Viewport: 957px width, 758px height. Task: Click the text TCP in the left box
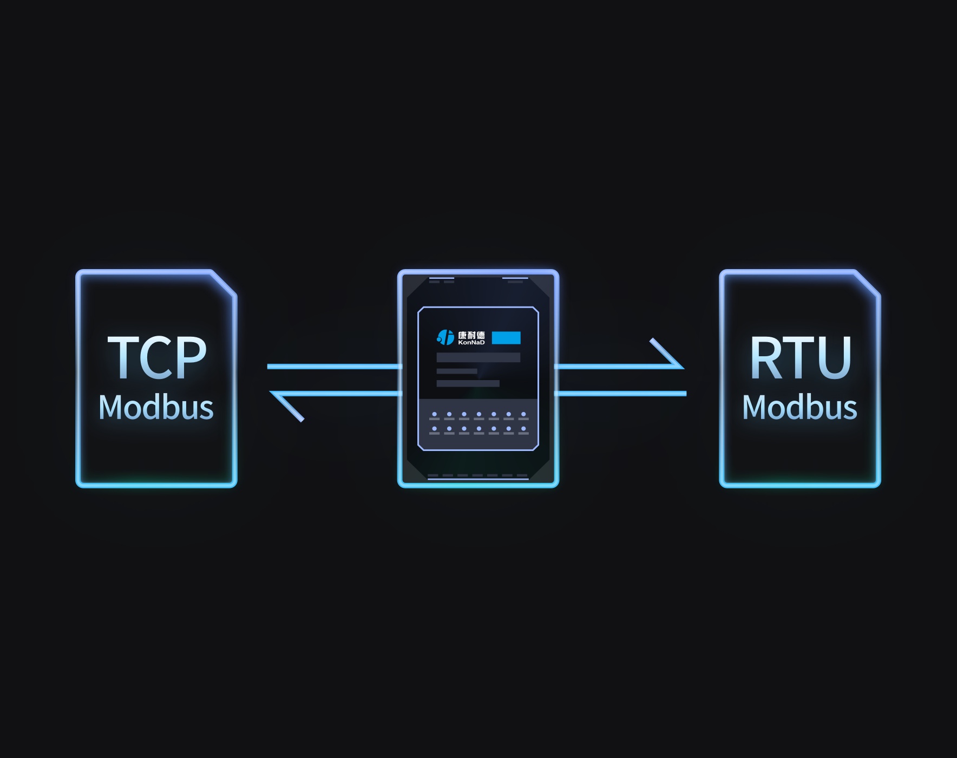tap(157, 357)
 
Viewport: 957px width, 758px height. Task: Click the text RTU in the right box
tap(800, 357)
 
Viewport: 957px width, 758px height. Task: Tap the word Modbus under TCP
tap(156, 407)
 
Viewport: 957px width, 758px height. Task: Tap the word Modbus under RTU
tap(799, 407)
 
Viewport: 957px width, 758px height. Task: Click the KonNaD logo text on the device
tap(471, 342)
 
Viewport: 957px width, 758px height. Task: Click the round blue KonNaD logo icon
tap(445, 337)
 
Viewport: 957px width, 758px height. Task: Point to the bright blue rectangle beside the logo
tap(506, 338)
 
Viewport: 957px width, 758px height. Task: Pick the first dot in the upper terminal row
tap(434, 415)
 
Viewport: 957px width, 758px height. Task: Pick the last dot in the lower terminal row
tap(523, 429)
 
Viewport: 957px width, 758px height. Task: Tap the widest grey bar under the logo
tap(478, 357)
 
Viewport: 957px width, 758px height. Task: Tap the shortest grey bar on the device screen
tap(457, 371)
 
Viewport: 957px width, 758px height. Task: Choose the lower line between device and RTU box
tap(621, 394)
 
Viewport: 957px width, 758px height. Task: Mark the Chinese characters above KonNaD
tap(471, 335)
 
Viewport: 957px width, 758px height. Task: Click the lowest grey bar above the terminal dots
tap(468, 383)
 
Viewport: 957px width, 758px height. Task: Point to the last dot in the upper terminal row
tap(523, 415)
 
